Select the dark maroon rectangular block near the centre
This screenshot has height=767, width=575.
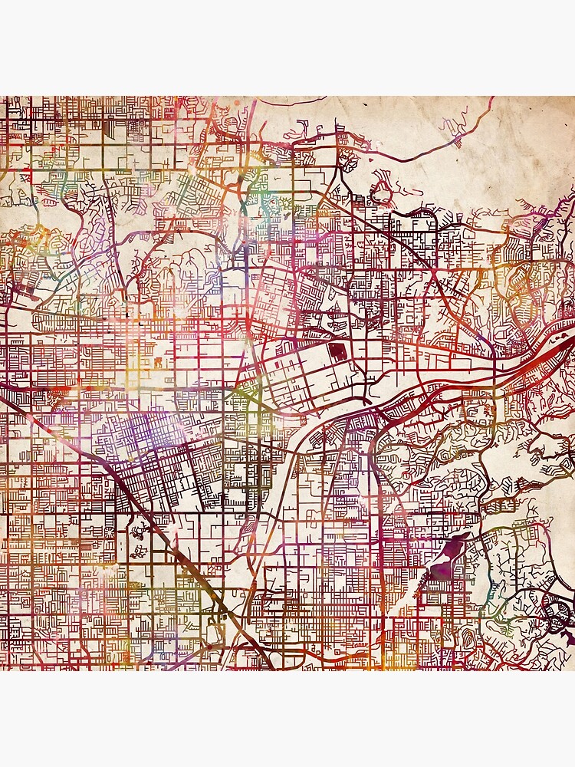pyautogui.click(x=337, y=354)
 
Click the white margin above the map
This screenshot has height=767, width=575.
pyautogui.click(x=287, y=46)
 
